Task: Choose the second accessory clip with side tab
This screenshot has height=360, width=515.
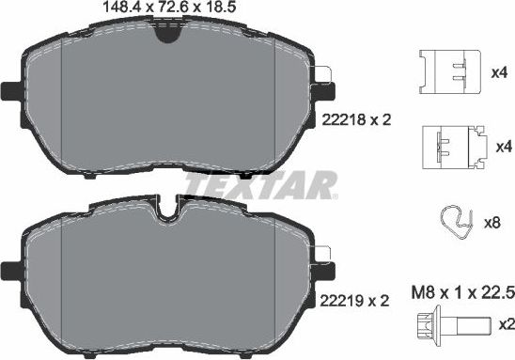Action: pyautogui.click(x=451, y=146)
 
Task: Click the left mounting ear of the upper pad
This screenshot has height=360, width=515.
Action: pyautogui.click(x=12, y=93)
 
